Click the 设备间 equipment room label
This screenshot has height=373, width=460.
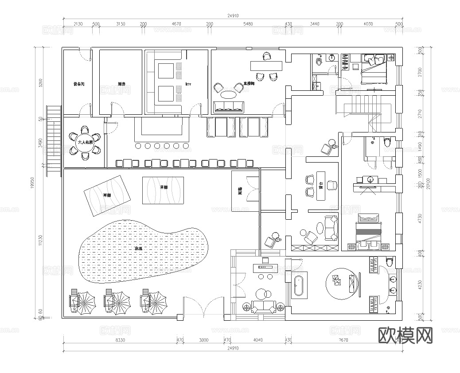click(x=79, y=83)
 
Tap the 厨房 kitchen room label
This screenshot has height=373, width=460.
click(x=122, y=83)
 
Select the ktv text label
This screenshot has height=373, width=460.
click(x=188, y=83)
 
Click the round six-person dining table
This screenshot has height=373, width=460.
click(x=85, y=143)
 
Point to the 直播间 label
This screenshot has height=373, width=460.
click(x=249, y=83)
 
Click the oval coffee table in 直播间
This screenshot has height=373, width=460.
click(x=229, y=94)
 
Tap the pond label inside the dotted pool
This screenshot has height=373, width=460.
click(x=138, y=249)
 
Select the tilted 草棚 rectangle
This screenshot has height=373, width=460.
click(x=107, y=195)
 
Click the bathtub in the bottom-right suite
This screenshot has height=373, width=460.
click(x=298, y=287)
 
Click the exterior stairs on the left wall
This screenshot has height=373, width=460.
click(x=53, y=140)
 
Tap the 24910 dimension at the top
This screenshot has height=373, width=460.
click(x=233, y=16)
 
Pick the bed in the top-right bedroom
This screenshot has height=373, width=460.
click(x=374, y=69)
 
